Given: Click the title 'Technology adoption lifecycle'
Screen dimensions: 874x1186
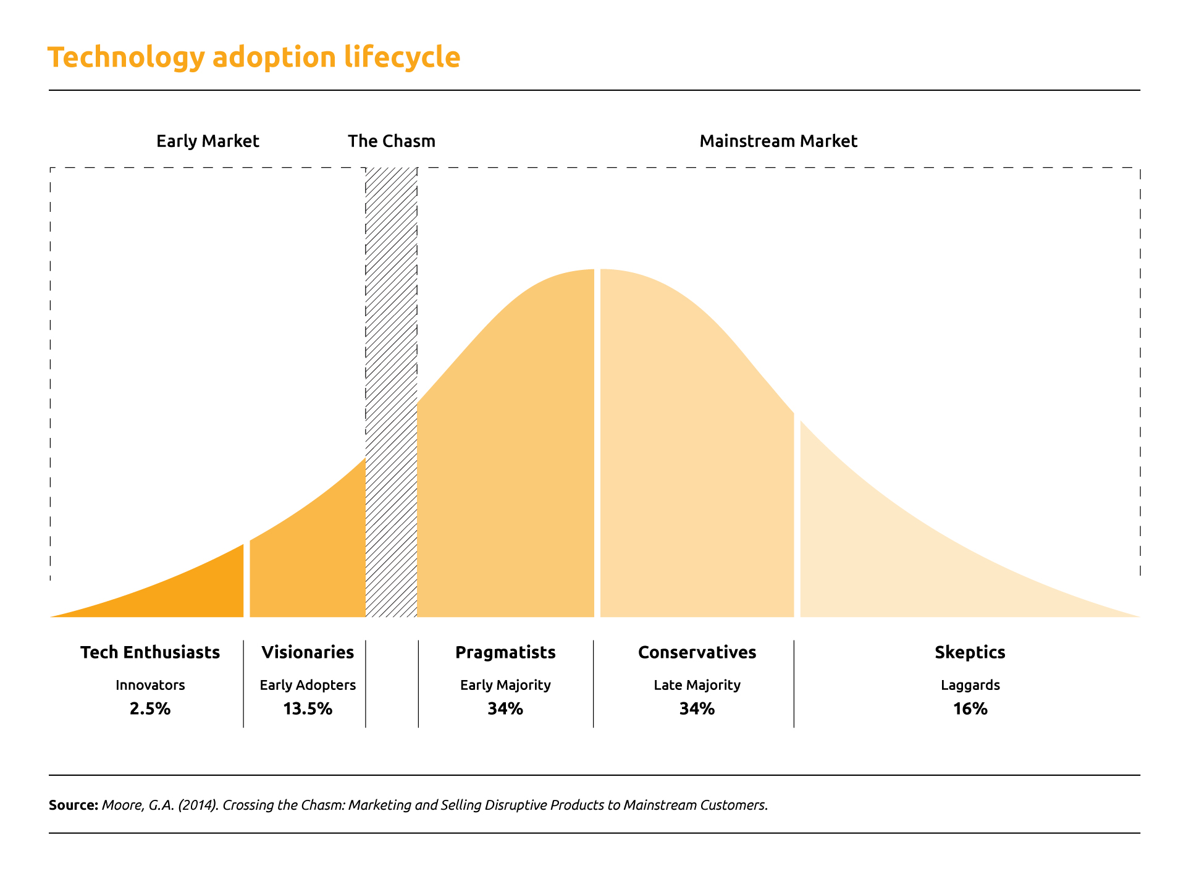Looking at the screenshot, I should click(x=254, y=57).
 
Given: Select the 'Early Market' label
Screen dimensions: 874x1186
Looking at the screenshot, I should click(x=208, y=141).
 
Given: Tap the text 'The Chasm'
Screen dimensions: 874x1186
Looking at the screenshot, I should click(x=391, y=141).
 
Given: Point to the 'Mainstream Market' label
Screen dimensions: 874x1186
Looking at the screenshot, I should click(x=778, y=141).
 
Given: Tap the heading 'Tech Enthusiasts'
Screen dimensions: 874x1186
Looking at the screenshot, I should click(x=150, y=652).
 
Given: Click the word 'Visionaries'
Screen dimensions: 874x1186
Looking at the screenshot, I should click(x=308, y=652).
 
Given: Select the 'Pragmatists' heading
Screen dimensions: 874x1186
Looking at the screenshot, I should click(x=505, y=652).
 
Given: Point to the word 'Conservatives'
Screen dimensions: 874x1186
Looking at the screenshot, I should click(x=697, y=652).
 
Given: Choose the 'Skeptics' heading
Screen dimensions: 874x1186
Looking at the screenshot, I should click(x=970, y=652).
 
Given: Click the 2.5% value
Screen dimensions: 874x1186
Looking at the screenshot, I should click(x=150, y=708).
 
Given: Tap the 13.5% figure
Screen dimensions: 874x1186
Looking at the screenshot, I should click(x=308, y=708).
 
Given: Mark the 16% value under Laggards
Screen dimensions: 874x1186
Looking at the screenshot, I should click(x=970, y=708).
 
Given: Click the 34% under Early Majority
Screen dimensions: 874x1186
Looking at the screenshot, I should click(x=505, y=708).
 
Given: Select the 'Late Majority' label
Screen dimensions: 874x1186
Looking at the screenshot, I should click(x=697, y=685).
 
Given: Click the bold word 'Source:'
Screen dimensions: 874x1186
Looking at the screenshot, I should click(x=74, y=805).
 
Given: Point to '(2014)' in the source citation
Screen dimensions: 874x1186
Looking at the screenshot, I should click(x=198, y=805).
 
